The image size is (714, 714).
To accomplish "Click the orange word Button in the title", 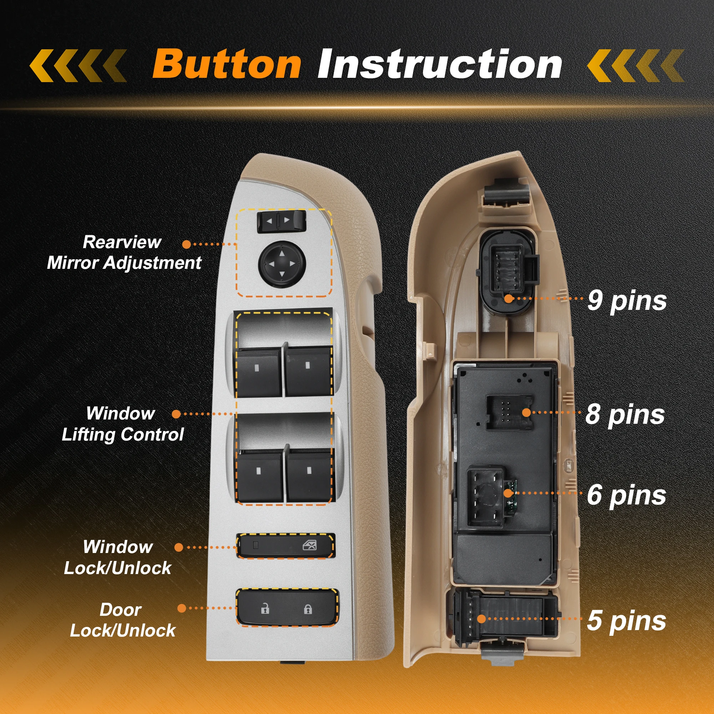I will click(227, 64).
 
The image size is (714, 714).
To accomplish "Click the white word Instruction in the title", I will click(439, 64).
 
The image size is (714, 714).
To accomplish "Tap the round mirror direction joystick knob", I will click(282, 264).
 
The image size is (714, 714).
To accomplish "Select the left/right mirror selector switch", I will click(282, 221).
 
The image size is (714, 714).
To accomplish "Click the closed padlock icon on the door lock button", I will click(307, 609).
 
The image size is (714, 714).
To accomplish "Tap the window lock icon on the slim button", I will click(309, 545).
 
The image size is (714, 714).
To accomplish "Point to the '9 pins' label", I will click(627, 301).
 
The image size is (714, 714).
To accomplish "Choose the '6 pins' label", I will click(627, 495).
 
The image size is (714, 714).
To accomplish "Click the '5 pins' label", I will click(627, 620).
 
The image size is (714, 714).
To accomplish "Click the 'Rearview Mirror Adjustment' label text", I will click(124, 252).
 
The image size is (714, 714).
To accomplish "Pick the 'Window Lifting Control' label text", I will click(122, 424).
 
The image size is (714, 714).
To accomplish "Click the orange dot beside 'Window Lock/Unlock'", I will click(179, 547).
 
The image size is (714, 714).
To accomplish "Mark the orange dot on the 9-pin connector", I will click(509, 298).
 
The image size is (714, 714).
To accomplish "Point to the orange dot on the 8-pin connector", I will click(526, 412).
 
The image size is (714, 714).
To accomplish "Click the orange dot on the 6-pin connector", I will click(509, 493).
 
